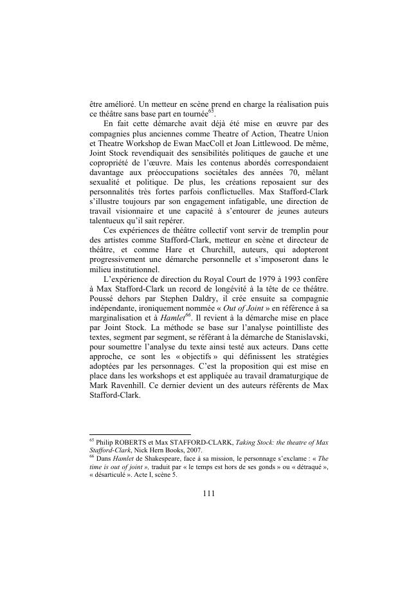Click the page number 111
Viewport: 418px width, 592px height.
coord(208,494)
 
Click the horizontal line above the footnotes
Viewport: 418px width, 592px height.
coord(136,434)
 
